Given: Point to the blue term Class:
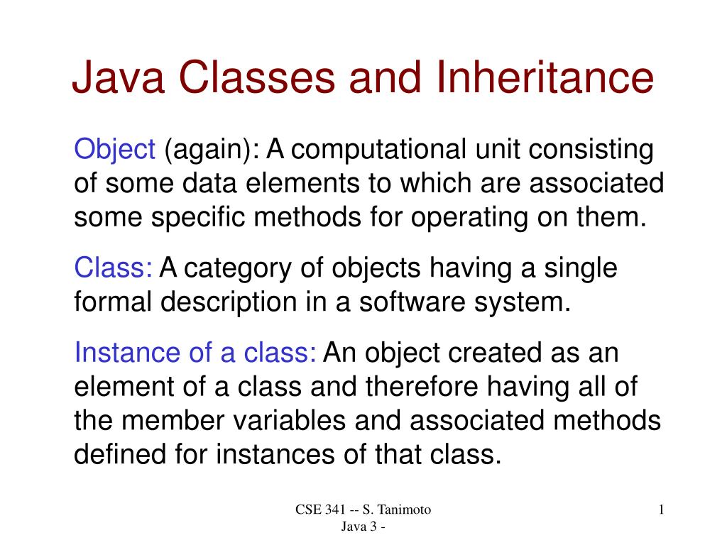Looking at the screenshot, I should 114,269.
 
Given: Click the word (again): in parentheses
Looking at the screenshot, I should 212,150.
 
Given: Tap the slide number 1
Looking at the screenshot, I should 661,510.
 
